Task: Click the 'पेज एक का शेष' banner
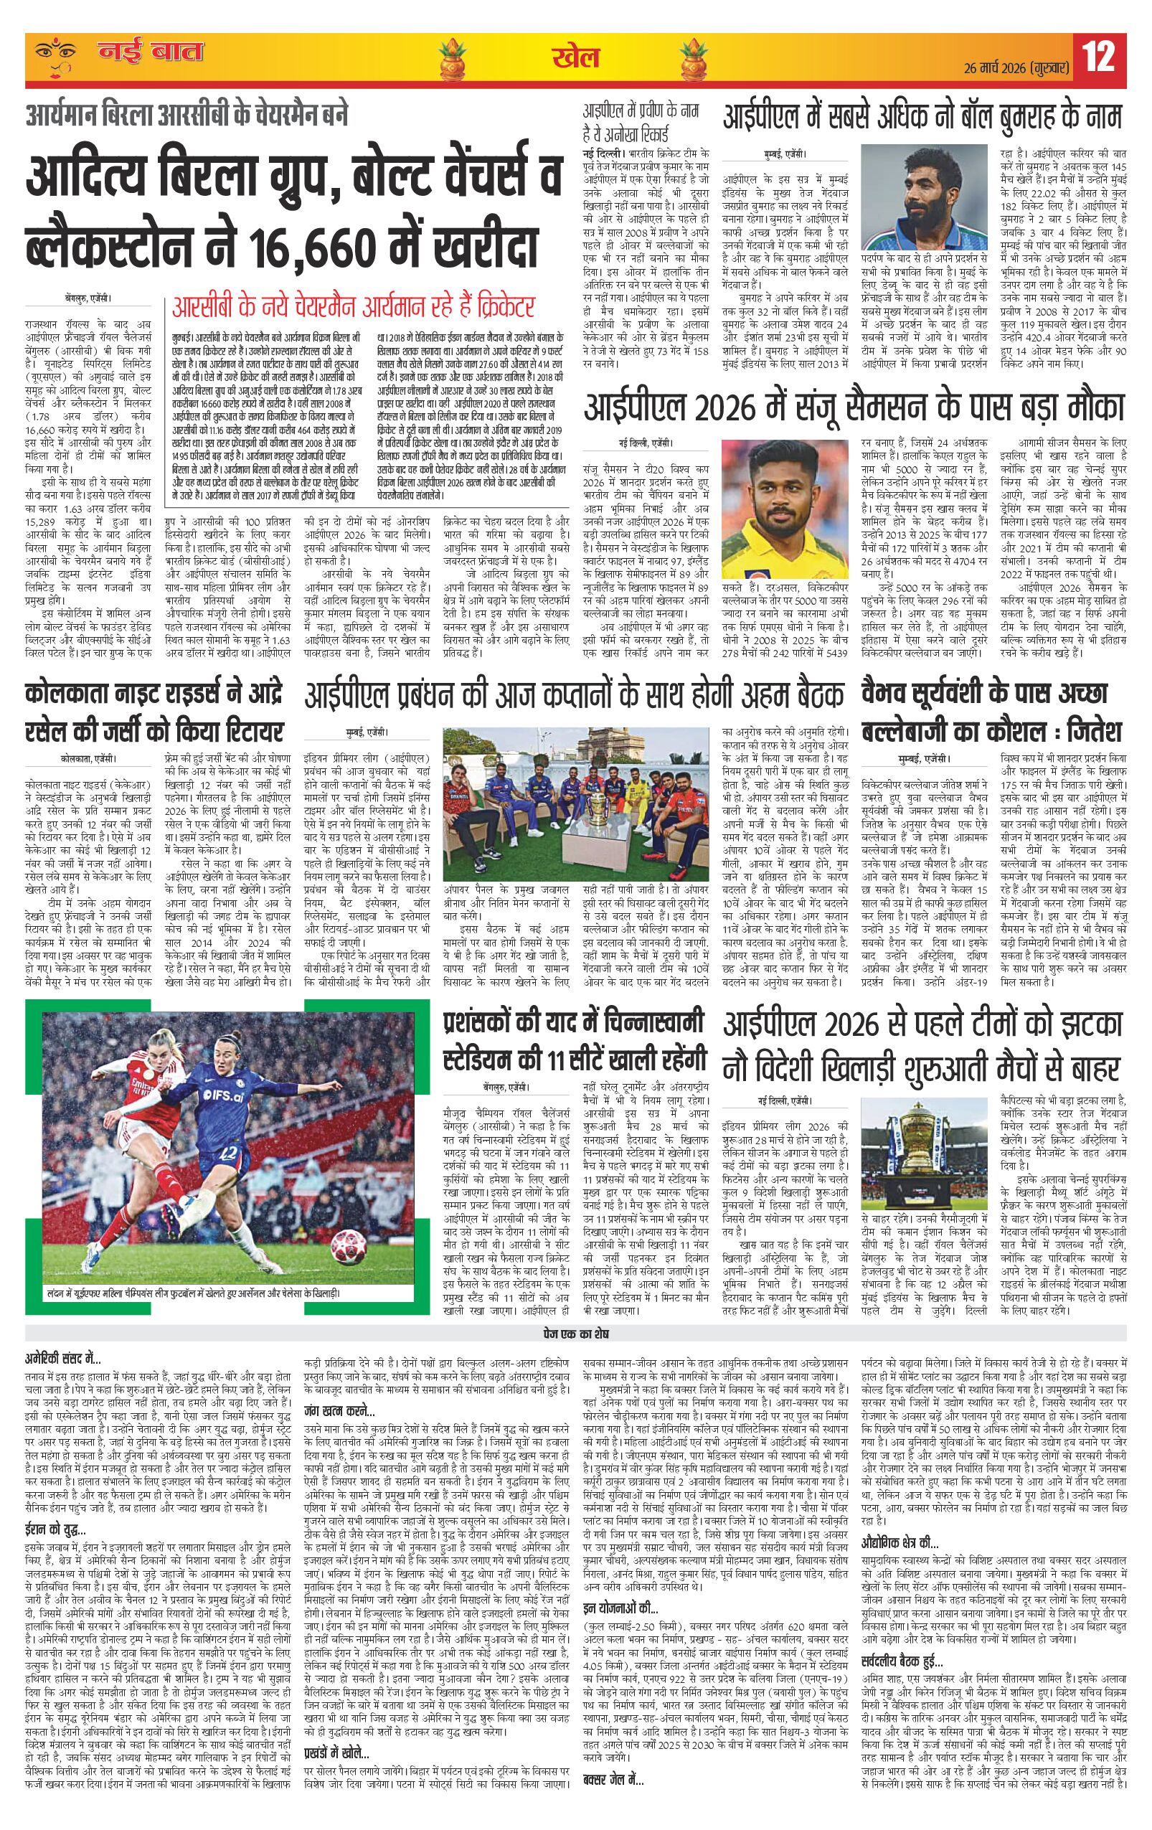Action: click(575, 1334)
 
